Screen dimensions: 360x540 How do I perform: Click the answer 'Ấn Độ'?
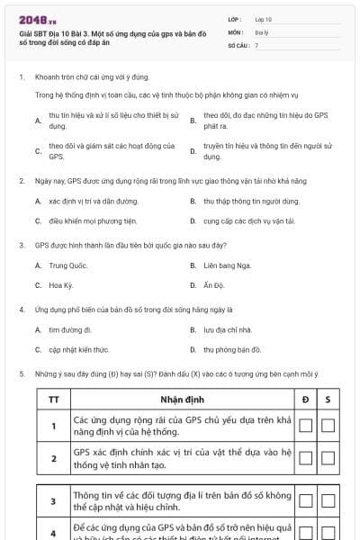[213, 285]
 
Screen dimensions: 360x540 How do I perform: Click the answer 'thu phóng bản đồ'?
[232, 349]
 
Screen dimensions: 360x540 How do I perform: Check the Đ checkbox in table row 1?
[306, 426]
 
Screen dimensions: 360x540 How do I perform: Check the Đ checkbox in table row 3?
[306, 500]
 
